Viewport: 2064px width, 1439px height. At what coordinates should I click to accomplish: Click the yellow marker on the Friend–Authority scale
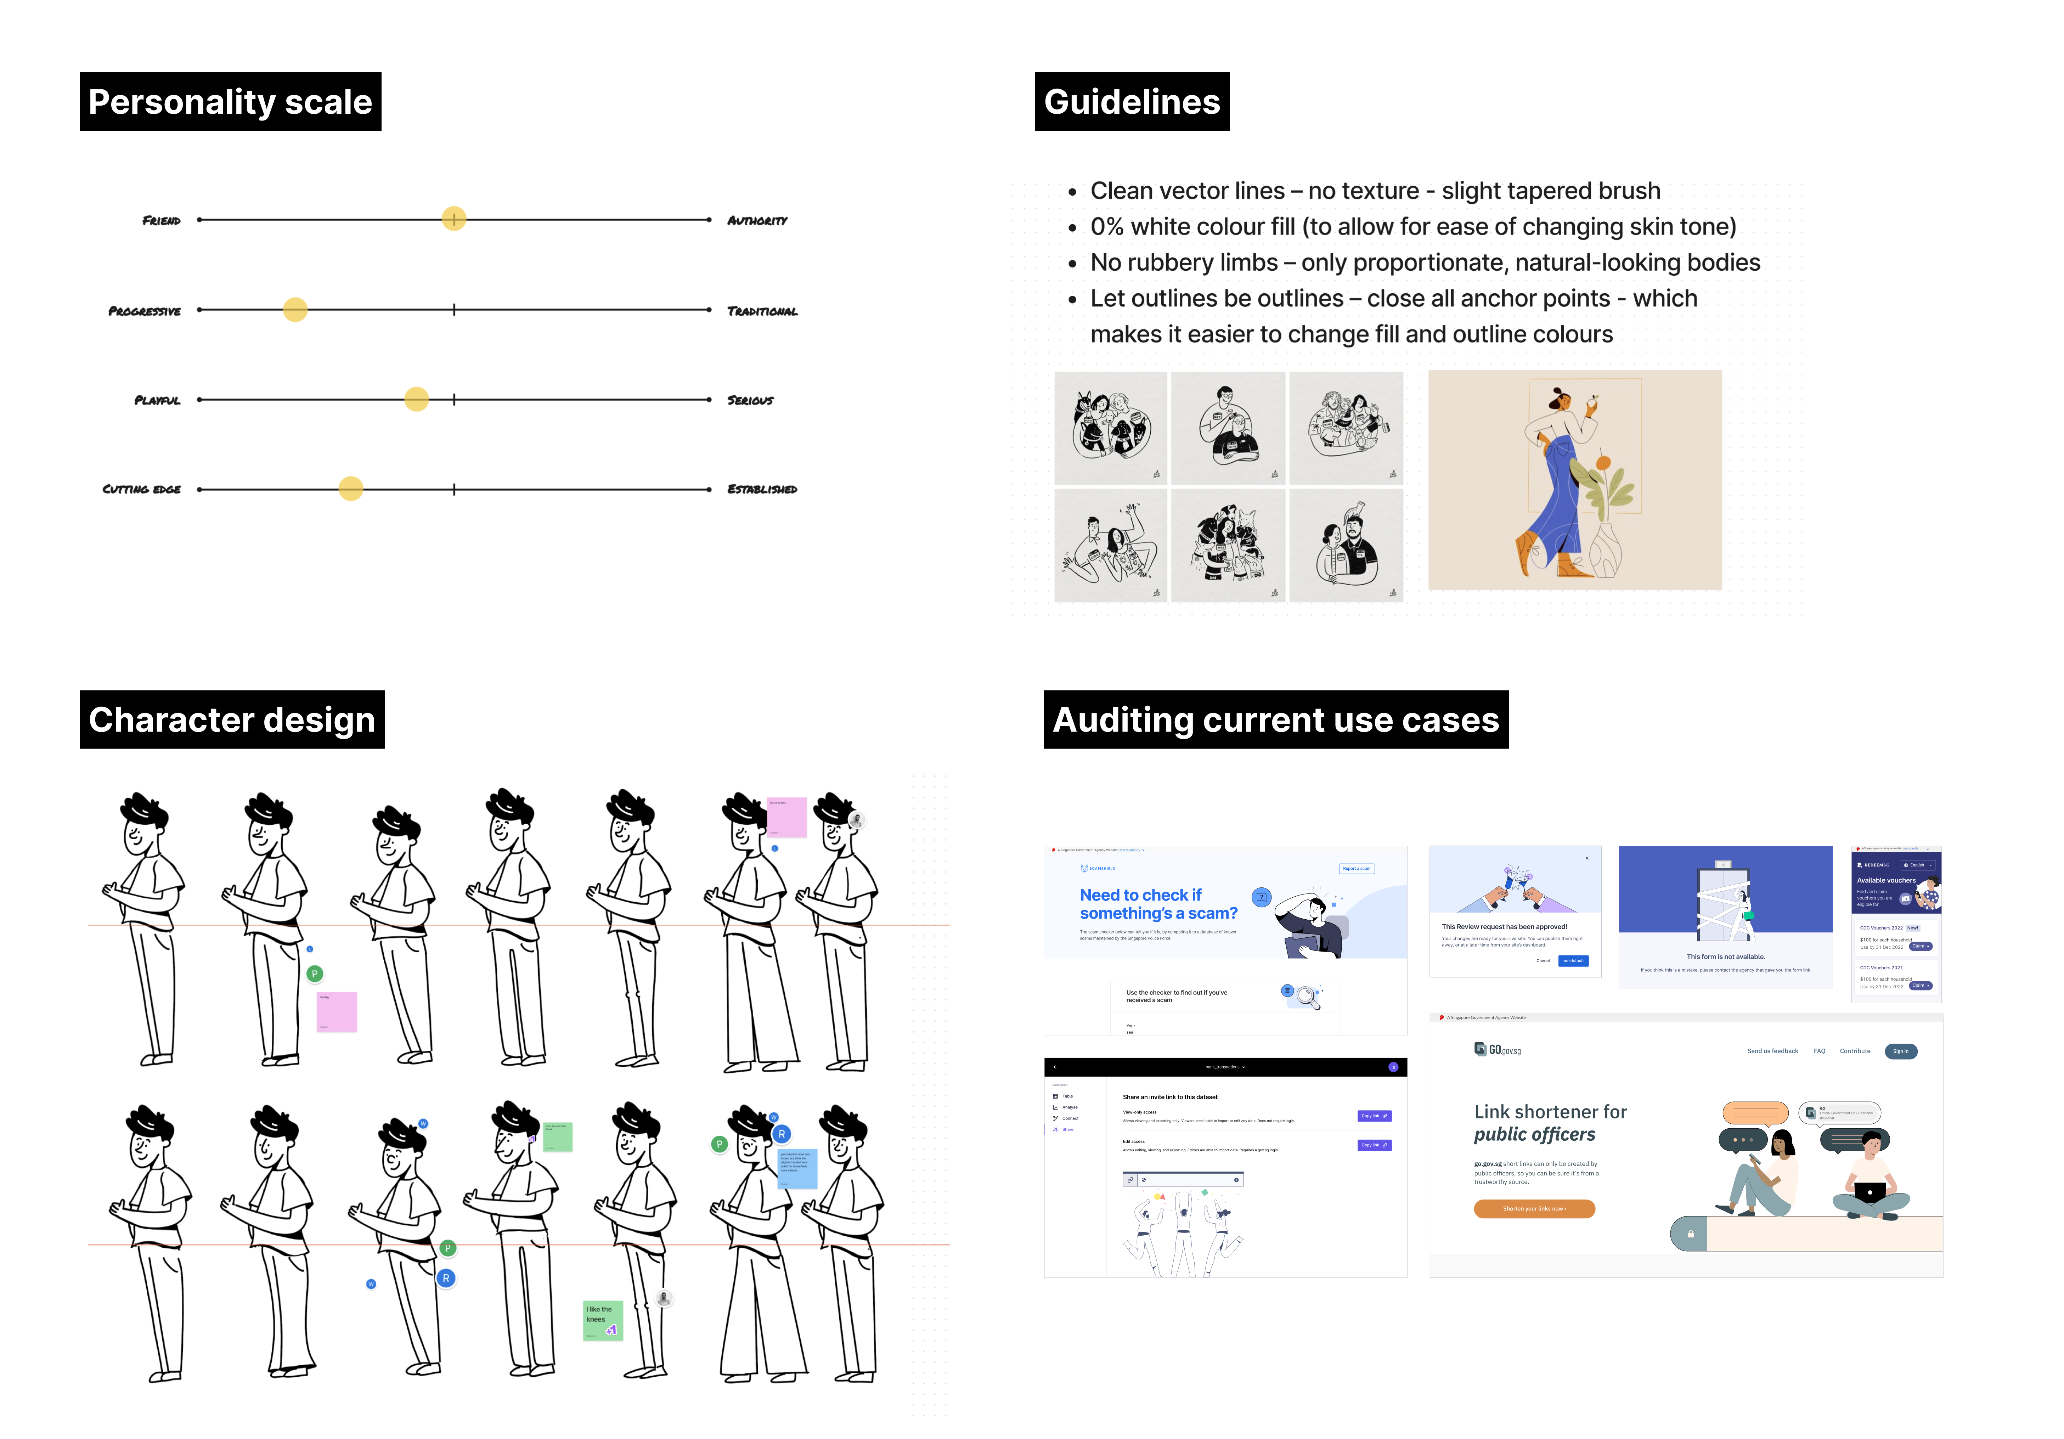(x=454, y=219)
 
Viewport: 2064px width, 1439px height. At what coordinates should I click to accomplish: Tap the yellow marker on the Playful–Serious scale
(x=416, y=399)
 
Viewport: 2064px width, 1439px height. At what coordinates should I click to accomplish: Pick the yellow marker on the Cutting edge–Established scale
(x=351, y=489)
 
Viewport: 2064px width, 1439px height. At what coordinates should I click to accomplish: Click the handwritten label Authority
(x=757, y=220)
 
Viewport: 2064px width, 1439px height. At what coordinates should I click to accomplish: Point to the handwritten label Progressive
(x=145, y=311)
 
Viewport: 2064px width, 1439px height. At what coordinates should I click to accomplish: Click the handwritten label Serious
(x=750, y=400)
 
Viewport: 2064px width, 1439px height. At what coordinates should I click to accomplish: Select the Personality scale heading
(x=230, y=102)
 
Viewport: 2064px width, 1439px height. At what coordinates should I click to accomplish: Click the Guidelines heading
(x=1132, y=102)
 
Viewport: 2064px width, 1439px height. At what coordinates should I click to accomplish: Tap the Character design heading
(x=232, y=720)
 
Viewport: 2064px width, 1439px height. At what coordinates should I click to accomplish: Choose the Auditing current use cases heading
(x=1276, y=720)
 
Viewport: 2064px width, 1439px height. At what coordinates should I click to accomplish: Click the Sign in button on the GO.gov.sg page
(x=1900, y=1051)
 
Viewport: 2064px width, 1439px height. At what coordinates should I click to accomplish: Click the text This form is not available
(x=1725, y=956)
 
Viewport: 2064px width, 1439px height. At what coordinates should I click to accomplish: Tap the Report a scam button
(x=1357, y=868)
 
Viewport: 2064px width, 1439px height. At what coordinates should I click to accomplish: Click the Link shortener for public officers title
(x=1550, y=1123)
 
